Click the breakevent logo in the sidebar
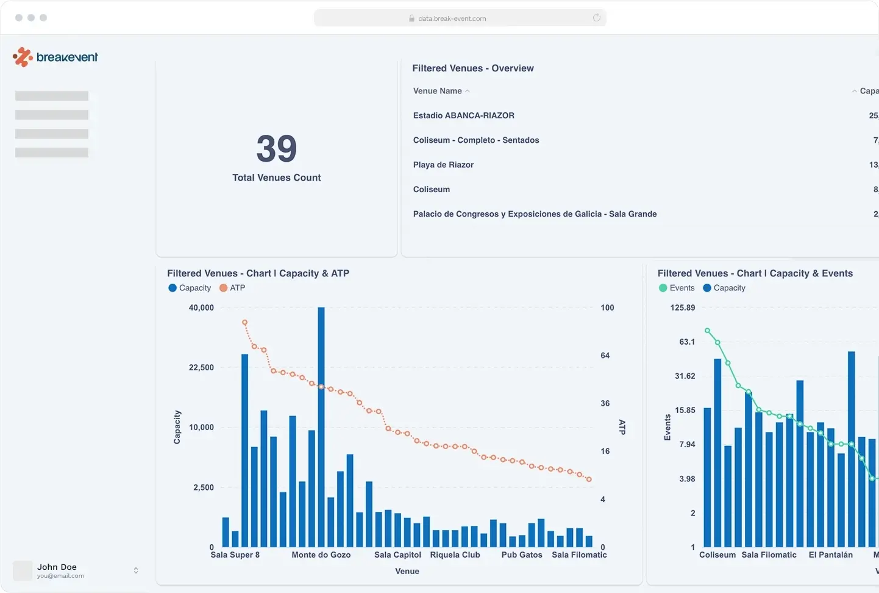[55, 57]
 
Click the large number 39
[277, 149]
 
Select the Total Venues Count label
[276, 178]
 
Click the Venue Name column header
[438, 91]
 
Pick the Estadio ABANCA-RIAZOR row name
[464, 115]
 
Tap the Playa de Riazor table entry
[443, 165]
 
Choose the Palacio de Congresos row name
[535, 214]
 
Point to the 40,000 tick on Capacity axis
[201, 307]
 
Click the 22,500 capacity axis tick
[201, 367]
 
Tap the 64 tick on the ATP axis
[605, 355]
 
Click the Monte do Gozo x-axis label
[321, 555]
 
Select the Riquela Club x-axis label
[455, 555]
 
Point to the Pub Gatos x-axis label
[522, 555]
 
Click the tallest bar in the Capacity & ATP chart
[321, 427]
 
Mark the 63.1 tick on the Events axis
[687, 342]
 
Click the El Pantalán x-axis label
[830, 555]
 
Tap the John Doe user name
[57, 567]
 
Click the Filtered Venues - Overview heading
[472, 68]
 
